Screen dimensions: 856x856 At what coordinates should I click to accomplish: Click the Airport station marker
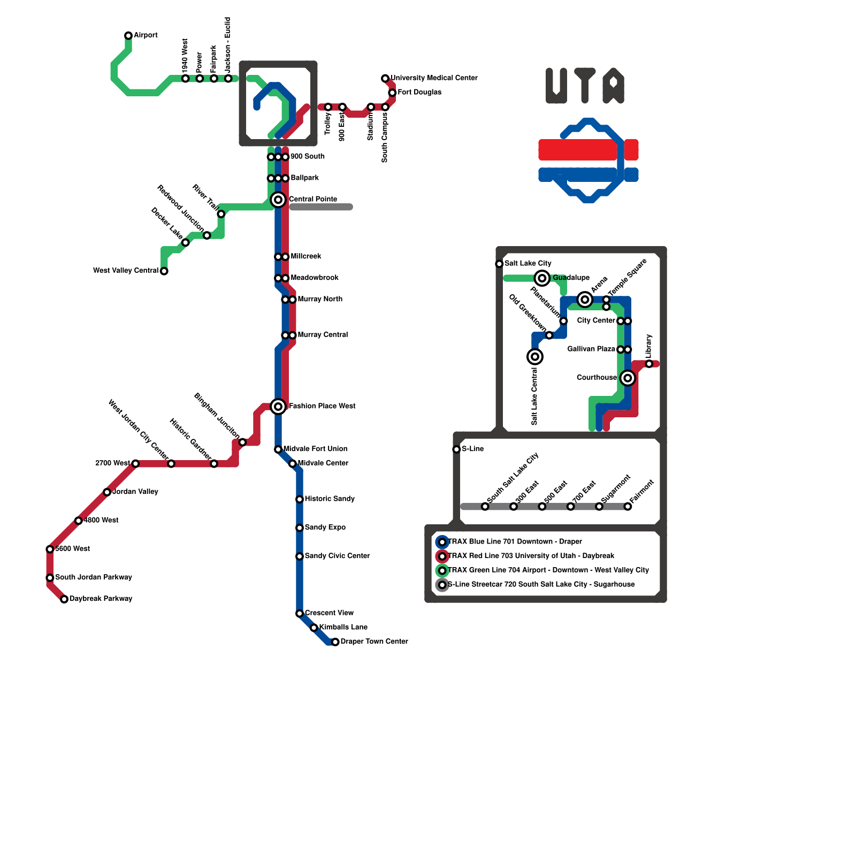128,36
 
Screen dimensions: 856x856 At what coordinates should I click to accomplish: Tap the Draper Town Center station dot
335,642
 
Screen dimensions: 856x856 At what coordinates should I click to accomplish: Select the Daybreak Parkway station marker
64,599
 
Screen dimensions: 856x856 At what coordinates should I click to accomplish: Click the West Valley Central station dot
164,271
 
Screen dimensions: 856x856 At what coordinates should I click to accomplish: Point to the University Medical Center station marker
385,79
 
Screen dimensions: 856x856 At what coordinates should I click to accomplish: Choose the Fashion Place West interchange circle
278,407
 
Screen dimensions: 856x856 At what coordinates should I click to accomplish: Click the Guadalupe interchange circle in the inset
542,278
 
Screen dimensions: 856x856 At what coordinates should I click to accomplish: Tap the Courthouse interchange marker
628,378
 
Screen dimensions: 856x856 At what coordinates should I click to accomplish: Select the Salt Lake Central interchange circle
535,357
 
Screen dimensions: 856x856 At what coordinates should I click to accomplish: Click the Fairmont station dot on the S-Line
628,507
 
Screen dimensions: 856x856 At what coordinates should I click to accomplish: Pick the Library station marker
649,364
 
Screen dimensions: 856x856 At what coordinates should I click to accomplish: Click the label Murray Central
323,335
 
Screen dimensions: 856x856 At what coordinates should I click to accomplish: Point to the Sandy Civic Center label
337,556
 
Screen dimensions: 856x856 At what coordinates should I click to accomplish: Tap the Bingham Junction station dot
242,442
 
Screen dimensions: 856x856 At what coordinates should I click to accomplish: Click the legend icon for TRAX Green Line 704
442,571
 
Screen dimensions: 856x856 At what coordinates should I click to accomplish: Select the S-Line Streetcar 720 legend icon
442,585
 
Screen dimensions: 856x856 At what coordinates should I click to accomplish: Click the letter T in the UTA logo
585,86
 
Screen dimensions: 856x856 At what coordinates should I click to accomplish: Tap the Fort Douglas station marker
392,93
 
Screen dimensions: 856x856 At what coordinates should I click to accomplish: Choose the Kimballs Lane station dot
314,628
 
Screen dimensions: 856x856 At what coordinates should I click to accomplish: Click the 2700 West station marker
135,464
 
